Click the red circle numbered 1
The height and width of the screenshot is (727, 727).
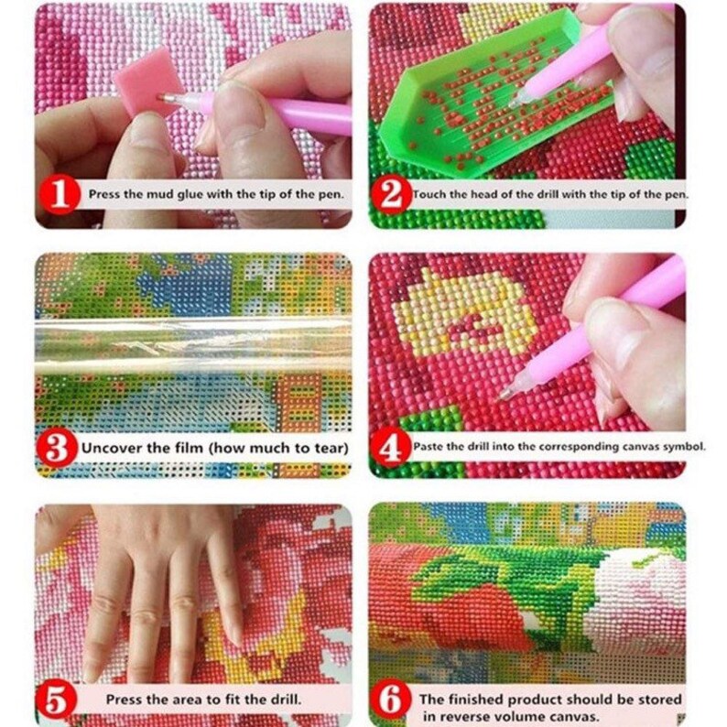point(59,195)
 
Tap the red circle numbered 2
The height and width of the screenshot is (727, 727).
point(392,195)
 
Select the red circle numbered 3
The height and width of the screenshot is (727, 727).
point(57,448)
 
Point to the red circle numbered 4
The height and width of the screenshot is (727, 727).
point(391,448)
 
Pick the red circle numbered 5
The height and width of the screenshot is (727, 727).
point(56,700)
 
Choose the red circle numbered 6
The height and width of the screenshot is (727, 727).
point(391,700)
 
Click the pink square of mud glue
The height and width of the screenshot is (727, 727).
point(146,82)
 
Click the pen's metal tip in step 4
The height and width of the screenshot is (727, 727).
point(505,395)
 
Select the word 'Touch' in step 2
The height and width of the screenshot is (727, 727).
point(428,194)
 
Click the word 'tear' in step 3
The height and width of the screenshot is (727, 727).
point(331,449)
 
